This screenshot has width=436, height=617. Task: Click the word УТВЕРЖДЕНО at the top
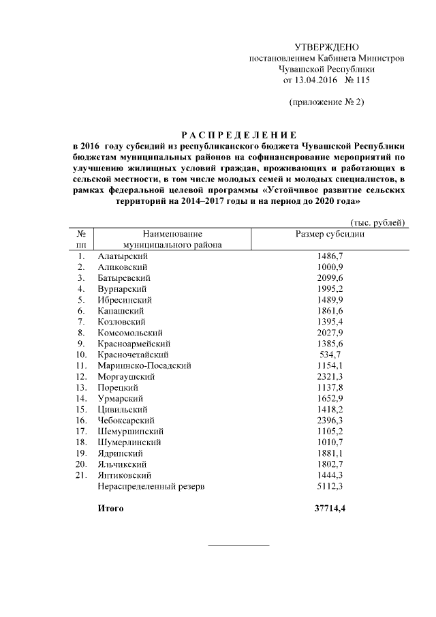(326, 47)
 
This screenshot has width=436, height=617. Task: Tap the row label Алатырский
(123, 256)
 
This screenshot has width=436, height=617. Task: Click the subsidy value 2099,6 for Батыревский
(330, 277)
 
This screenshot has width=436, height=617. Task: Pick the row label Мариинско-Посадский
(144, 365)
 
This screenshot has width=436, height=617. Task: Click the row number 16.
(81, 420)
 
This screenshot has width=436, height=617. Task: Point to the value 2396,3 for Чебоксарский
(330, 420)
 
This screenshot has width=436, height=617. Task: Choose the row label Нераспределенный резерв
(151, 486)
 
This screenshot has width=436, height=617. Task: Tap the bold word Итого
(111, 509)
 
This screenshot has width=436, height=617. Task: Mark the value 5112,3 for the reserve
(330, 486)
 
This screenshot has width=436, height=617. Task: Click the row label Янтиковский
(125, 475)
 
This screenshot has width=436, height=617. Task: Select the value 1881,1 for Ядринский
(330, 453)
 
